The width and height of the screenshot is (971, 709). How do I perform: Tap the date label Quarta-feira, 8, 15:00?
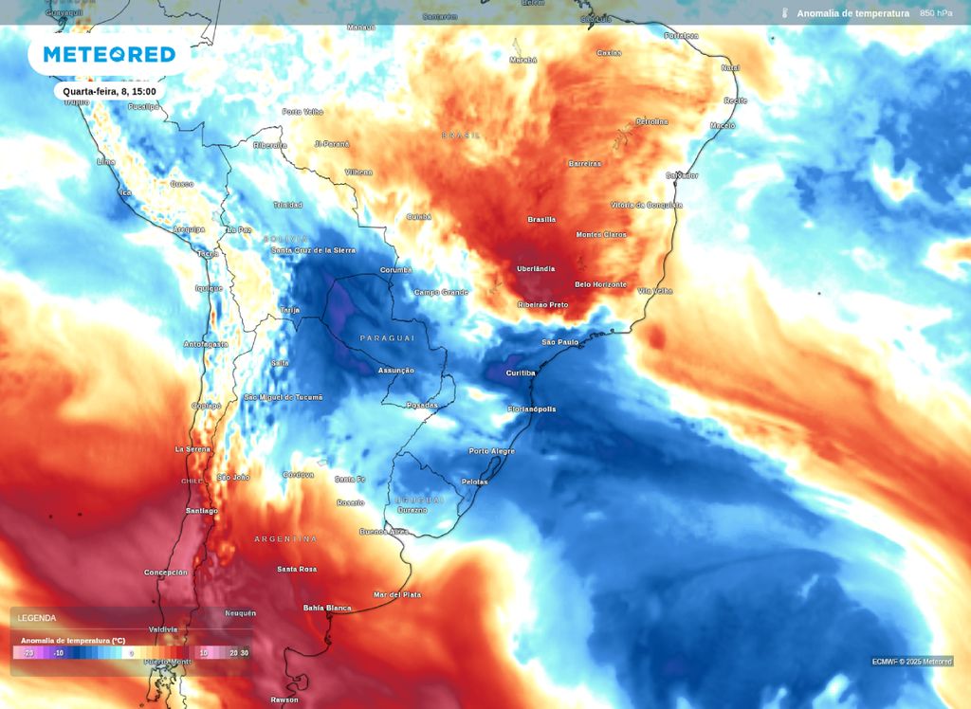pyautogui.click(x=109, y=92)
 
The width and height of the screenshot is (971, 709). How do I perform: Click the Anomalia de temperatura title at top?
pyautogui.click(x=852, y=13)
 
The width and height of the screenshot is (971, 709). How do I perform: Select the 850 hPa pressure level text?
pyautogui.click(x=936, y=13)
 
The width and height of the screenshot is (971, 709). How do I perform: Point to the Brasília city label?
pyautogui.click(x=541, y=220)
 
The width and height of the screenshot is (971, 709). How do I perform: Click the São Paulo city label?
pyautogui.click(x=559, y=342)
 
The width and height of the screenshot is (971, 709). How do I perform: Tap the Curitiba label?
pyautogui.click(x=521, y=373)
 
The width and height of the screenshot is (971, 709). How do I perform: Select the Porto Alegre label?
pyautogui.click(x=492, y=451)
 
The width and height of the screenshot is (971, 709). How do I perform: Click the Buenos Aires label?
pyautogui.click(x=384, y=532)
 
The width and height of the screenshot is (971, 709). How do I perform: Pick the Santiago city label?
pyautogui.click(x=201, y=511)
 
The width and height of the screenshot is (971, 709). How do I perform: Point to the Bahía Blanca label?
pyautogui.click(x=327, y=608)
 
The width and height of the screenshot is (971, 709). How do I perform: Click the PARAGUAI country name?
pyautogui.click(x=387, y=338)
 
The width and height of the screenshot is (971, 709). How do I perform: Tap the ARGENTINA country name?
pyautogui.click(x=285, y=539)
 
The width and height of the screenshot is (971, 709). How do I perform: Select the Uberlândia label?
pyautogui.click(x=536, y=269)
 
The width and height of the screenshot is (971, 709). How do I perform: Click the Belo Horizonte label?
pyautogui.click(x=601, y=284)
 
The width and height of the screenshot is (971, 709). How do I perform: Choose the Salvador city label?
pyautogui.click(x=682, y=175)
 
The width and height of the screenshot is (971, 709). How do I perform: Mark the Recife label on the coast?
pyautogui.click(x=736, y=100)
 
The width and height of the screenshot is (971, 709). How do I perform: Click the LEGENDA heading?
pyautogui.click(x=37, y=618)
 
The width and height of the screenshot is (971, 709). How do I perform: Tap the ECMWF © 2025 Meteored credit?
pyautogui.click(x=912, y=662)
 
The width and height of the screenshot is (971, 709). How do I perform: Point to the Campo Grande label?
pyautogui.click(x=441, y=292)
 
